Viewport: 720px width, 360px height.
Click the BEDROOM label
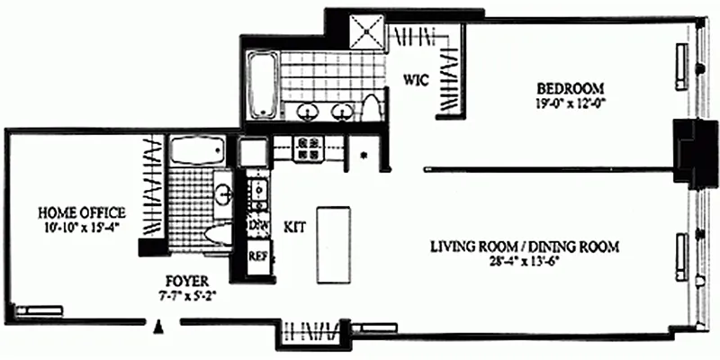click(569, 88)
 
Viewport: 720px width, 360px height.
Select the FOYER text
click(184, 279)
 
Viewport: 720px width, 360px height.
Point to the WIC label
click(414, 79)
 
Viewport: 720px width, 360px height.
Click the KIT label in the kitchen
click(294, 227)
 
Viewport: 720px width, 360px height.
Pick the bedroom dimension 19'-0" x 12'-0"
click(569, 102)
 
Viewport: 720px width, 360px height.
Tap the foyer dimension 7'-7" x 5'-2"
click(184, 292)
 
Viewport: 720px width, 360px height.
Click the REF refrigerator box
click(259, 256)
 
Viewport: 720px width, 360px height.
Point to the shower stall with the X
click(368, 33)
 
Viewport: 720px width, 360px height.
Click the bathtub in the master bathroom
click(263, 87)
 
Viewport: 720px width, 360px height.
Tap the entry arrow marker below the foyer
click(158, 326)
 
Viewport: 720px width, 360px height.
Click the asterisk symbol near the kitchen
click(364, 155)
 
